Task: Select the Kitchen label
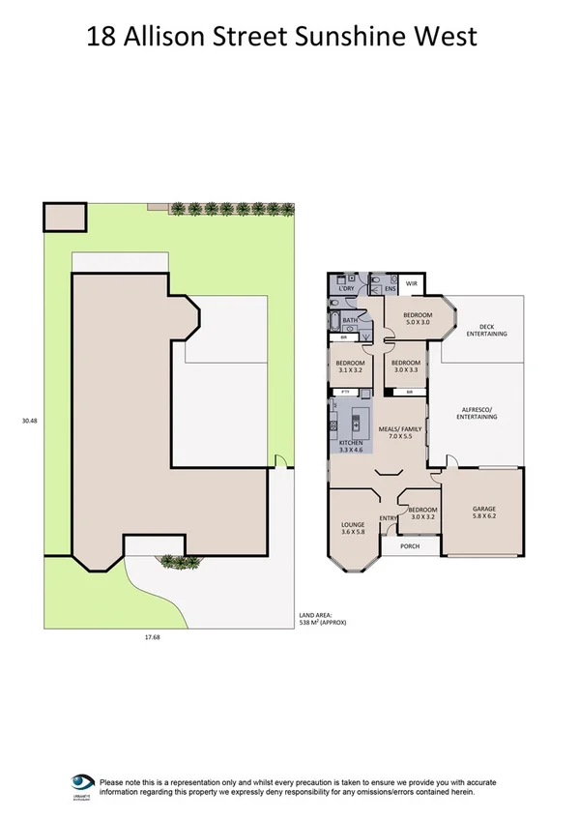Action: [350, 446]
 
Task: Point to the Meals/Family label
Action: [399, 433]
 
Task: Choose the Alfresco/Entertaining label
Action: [478, 414]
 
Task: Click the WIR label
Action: [411, 284]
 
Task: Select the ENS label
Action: [390, 289]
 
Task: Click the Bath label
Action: [350, 320]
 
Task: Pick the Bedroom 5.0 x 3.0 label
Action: [418, 319]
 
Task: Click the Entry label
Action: [388, 519]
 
